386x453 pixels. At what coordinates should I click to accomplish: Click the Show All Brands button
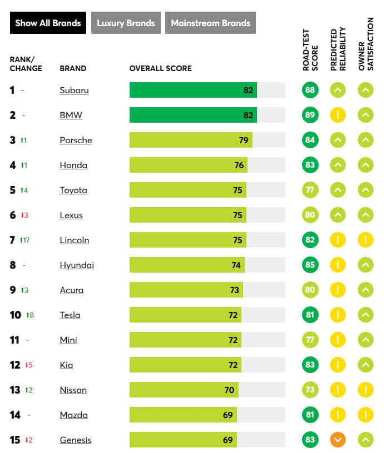[x=48, y=23]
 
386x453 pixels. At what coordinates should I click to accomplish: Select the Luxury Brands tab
[x=126, y=23]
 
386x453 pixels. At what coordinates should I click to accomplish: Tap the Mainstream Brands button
[x=210, y=23]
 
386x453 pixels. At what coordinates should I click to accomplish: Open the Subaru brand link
[x=74, y=90]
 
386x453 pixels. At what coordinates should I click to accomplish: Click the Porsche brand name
[x=76, y=140]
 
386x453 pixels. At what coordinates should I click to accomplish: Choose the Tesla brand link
[x=70, y=315]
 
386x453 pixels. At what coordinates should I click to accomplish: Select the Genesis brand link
[x=76, y=440]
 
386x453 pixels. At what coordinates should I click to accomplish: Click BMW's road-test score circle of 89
[x=310, y=115]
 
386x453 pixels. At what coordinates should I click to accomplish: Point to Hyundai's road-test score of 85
[x=310, y=265]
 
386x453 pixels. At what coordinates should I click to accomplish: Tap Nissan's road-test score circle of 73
[x=310, y=390]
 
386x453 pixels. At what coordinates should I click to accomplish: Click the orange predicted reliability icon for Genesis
[x=338, y=440]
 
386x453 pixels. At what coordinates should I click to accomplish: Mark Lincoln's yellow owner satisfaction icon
[x=365, y=240]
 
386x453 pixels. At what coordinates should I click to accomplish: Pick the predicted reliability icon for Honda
[x=338, y=165]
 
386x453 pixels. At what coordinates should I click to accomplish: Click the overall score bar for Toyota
[x=188, y=190]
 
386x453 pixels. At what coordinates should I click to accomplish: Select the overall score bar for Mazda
[x=183, y=415]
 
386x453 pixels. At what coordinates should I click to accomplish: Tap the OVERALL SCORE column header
[x=160, y=68]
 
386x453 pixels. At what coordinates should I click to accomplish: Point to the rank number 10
[x=16, y=315]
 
